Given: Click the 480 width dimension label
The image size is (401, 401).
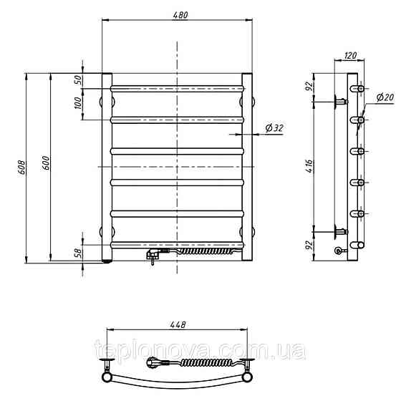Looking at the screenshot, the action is [x=180, y=15].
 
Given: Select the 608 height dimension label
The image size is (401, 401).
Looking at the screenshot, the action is [x=21, y=168].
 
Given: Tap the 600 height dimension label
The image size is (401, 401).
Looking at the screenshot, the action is [x=46, y=163].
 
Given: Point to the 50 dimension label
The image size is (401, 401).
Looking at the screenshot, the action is [x=79, y=80].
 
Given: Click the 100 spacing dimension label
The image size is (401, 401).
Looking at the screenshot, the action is [x=79, y=103].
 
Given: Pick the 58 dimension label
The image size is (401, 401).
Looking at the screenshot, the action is [x=79, y=253].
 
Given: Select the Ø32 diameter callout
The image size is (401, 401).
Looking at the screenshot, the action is [x=274, y=128].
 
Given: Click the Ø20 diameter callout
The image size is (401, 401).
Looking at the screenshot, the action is [x=385, y=97].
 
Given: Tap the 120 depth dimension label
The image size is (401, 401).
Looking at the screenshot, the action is [x=350, y=55].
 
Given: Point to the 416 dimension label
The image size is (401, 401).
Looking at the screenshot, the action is [x=309, y=166].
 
